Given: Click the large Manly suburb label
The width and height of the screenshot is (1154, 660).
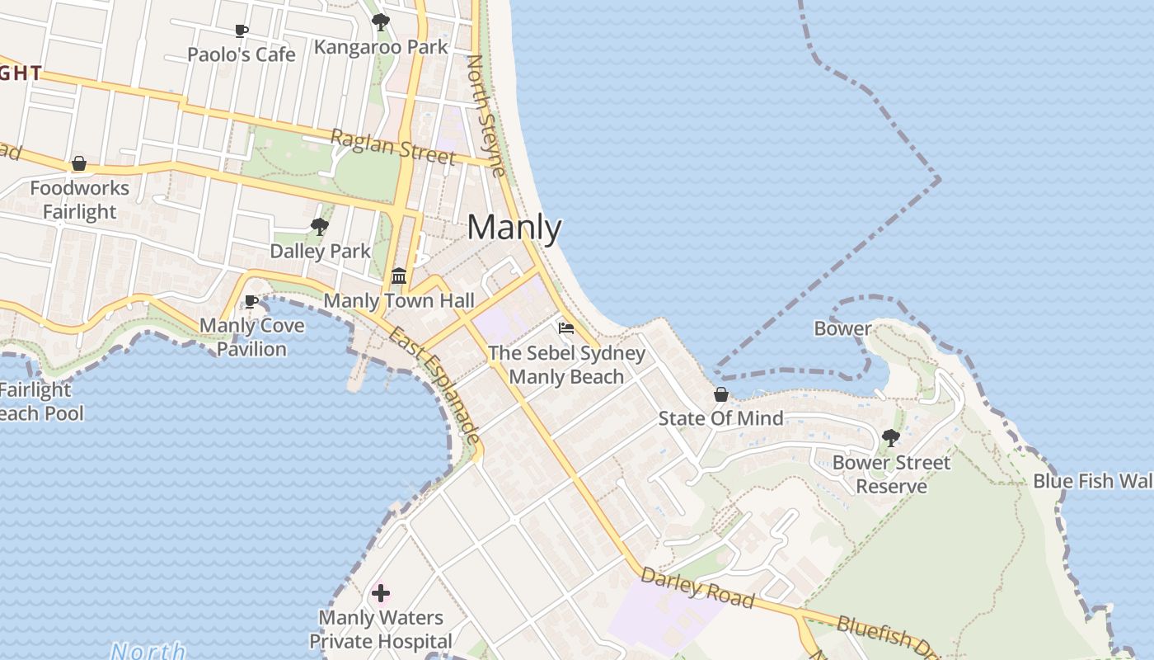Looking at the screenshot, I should [x=514, y=228].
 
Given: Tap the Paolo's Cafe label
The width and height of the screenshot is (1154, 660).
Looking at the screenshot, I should [x=241, y=54].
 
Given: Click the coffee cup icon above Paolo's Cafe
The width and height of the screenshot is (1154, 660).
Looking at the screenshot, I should [x=241, y=31].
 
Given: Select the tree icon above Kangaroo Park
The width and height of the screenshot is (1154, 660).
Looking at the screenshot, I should [x=380, y=22].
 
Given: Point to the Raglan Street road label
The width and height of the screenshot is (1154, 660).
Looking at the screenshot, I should [x=393, y=145].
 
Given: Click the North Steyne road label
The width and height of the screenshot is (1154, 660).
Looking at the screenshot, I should [x=486, y=115].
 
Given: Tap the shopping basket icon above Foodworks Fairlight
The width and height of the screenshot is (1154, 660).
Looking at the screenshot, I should [x=79, y=163].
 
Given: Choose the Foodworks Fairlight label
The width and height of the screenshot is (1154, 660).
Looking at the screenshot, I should [x=80, y=200].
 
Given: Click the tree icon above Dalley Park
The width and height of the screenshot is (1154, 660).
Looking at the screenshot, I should [x=320, y=226].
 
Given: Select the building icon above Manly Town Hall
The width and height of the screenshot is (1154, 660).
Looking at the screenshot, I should [x=399, y=276].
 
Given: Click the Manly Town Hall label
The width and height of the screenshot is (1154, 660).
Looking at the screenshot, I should [x=399, y=300].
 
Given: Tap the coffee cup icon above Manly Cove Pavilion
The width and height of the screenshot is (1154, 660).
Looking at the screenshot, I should [x=251, y=301].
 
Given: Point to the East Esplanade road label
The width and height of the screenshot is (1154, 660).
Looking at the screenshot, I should [x=435, y=384].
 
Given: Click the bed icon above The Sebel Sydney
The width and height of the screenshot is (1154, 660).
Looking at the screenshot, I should [x=566, y=328].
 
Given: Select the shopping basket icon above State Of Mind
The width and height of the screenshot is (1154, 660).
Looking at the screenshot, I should [x=721, y=394].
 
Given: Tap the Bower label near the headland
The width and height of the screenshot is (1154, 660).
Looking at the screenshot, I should [x=842, y=328].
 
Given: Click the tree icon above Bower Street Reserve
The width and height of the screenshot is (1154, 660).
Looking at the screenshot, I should [x=890, y=438].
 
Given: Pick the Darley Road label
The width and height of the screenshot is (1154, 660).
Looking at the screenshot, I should [x=697, y=587].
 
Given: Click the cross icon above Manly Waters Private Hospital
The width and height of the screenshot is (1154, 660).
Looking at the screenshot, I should [x=381, y=592].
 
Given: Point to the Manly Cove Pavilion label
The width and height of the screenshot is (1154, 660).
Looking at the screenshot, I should [x=252, y=337].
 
